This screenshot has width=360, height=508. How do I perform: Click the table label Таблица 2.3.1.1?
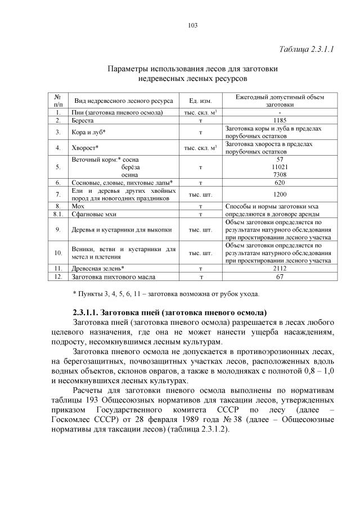(307, 49)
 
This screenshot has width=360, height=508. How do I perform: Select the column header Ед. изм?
(200, 101)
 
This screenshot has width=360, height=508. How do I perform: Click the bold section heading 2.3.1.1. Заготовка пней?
(169, 312)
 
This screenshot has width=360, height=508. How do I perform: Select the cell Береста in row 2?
(83, 121)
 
